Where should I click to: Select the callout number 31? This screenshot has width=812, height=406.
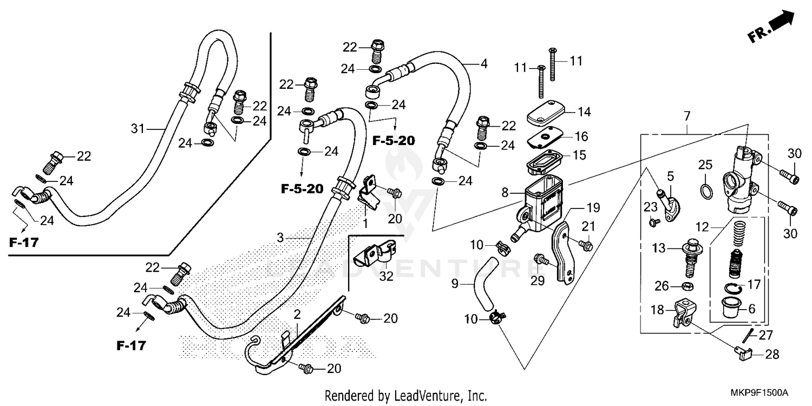coord(139,128)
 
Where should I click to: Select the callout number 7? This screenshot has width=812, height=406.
coord(687,115)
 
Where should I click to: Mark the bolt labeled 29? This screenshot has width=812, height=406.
coord(539,259)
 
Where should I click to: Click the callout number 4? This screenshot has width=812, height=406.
coord(483,63)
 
